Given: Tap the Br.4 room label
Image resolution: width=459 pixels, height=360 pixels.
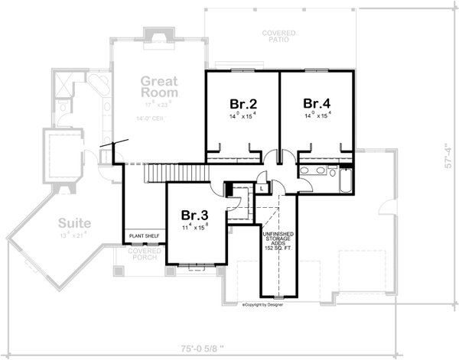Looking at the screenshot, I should click(316, 103).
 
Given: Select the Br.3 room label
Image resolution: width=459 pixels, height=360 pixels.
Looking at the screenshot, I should click(193, 216).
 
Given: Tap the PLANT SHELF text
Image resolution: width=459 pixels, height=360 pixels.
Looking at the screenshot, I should click(145, 237).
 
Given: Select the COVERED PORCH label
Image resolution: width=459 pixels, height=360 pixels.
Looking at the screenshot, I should click(143, 254).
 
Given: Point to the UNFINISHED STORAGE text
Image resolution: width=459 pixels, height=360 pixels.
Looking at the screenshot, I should click(278, 239).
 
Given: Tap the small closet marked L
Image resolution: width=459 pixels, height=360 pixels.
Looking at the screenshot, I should click(262, 187).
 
